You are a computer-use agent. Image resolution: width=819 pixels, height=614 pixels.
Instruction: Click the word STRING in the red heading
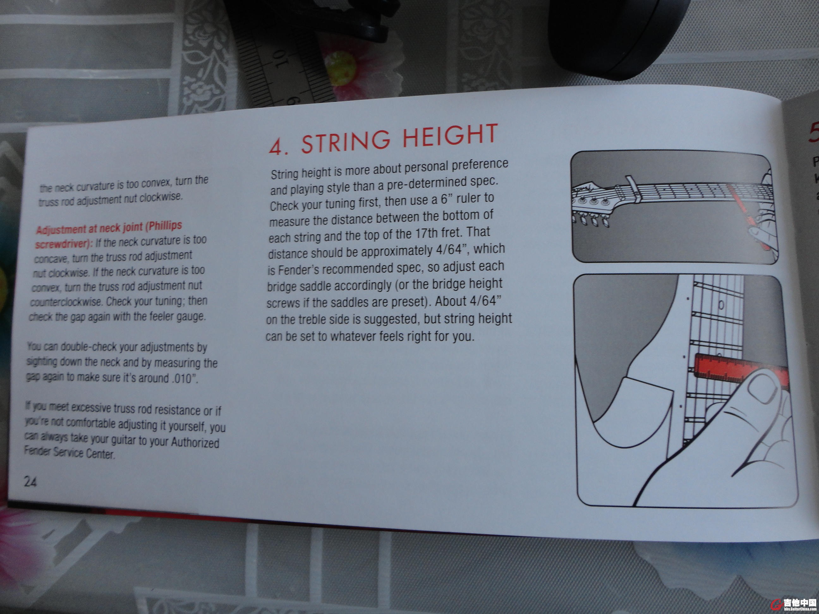pyautogui.click(x=346, y=140)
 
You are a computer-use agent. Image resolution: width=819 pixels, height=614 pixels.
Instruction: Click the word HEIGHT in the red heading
pyautogui.click(x=450, y=135)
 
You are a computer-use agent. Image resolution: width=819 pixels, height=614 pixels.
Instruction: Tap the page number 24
pyautogui.click(x=30, y=481)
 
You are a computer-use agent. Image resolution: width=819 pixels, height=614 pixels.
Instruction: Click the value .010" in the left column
pyautogui.click(x=185, y=378)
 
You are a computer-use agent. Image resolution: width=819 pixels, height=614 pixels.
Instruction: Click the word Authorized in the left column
pyautogui.click(x=195, y=442)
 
